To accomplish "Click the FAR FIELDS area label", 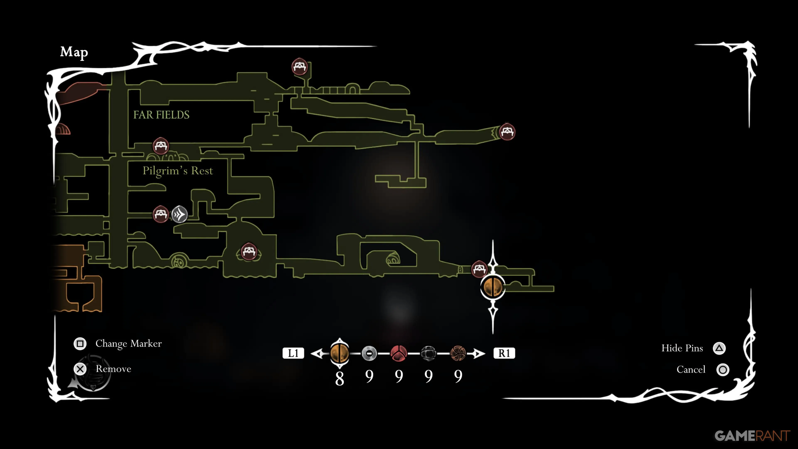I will [x=161, y=115].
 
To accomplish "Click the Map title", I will [x=74, y=52].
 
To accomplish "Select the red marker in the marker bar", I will [x=399, y=353].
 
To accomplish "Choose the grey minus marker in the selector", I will [x=369, y=353].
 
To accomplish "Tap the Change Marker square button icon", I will [x=80, y=343].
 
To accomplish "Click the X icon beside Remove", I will [x=80, y=369].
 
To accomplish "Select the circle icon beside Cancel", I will [x=723, y=370].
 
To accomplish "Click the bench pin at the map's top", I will [x=299, y=66].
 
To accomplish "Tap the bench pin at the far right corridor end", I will [x=507, y=132].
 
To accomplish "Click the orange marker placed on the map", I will [x=493, y=287].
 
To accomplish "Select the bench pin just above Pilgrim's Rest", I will [x=161, y=146].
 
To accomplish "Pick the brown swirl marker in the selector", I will [x=458, y=353].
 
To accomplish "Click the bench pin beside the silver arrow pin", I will [x=160, y=214].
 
